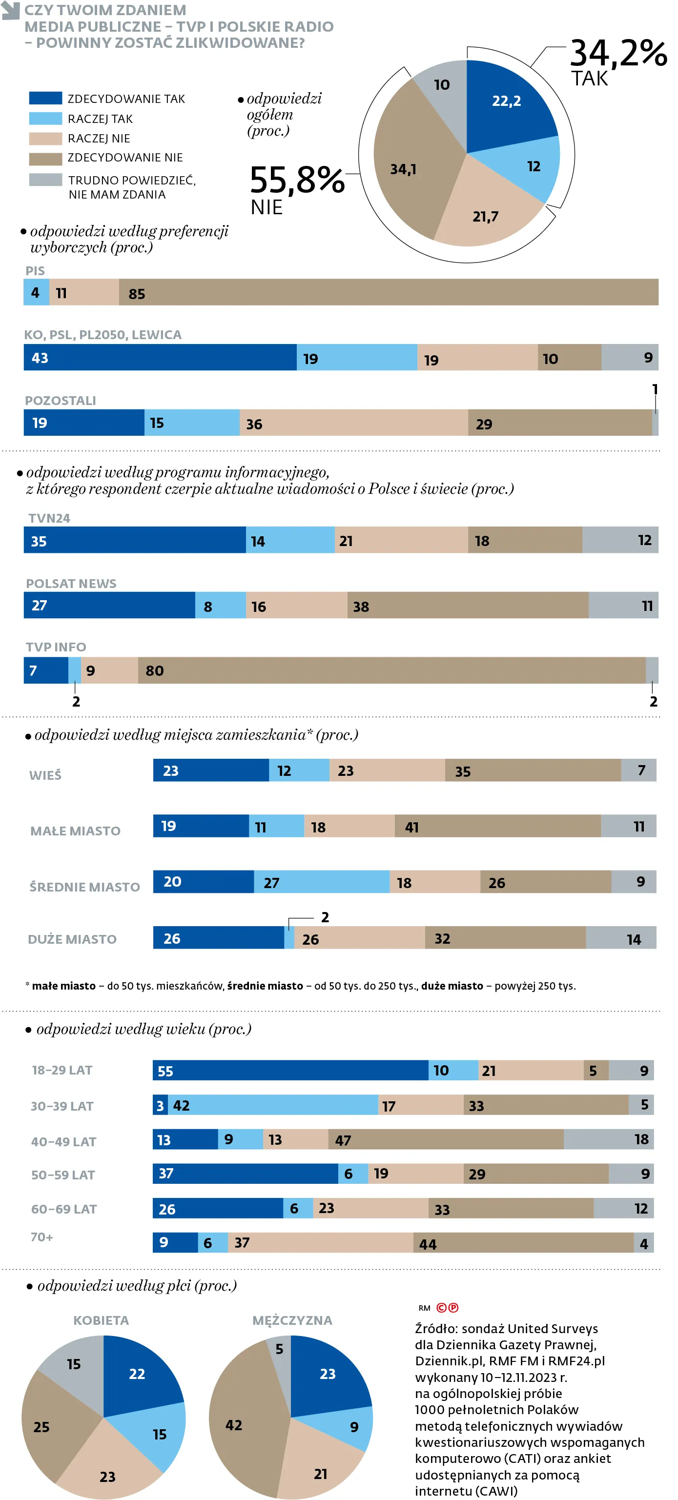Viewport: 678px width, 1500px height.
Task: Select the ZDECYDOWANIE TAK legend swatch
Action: point(45,99)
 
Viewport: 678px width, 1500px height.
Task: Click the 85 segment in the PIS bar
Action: point(388,292)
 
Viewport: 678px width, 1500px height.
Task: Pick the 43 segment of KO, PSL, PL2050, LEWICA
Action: point(160,358)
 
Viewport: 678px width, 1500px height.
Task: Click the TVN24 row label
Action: point(49,518)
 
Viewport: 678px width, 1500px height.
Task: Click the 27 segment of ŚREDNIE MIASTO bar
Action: point(322,882)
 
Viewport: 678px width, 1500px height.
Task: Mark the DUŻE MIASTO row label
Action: point(72,939)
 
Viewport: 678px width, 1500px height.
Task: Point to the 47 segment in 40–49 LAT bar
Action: point(446,1139)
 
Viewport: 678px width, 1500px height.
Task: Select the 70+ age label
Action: point(42,1237)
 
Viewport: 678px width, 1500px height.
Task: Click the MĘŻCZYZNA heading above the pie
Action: point(292,1320)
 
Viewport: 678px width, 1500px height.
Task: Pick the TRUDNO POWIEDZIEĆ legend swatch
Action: point(45,180)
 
